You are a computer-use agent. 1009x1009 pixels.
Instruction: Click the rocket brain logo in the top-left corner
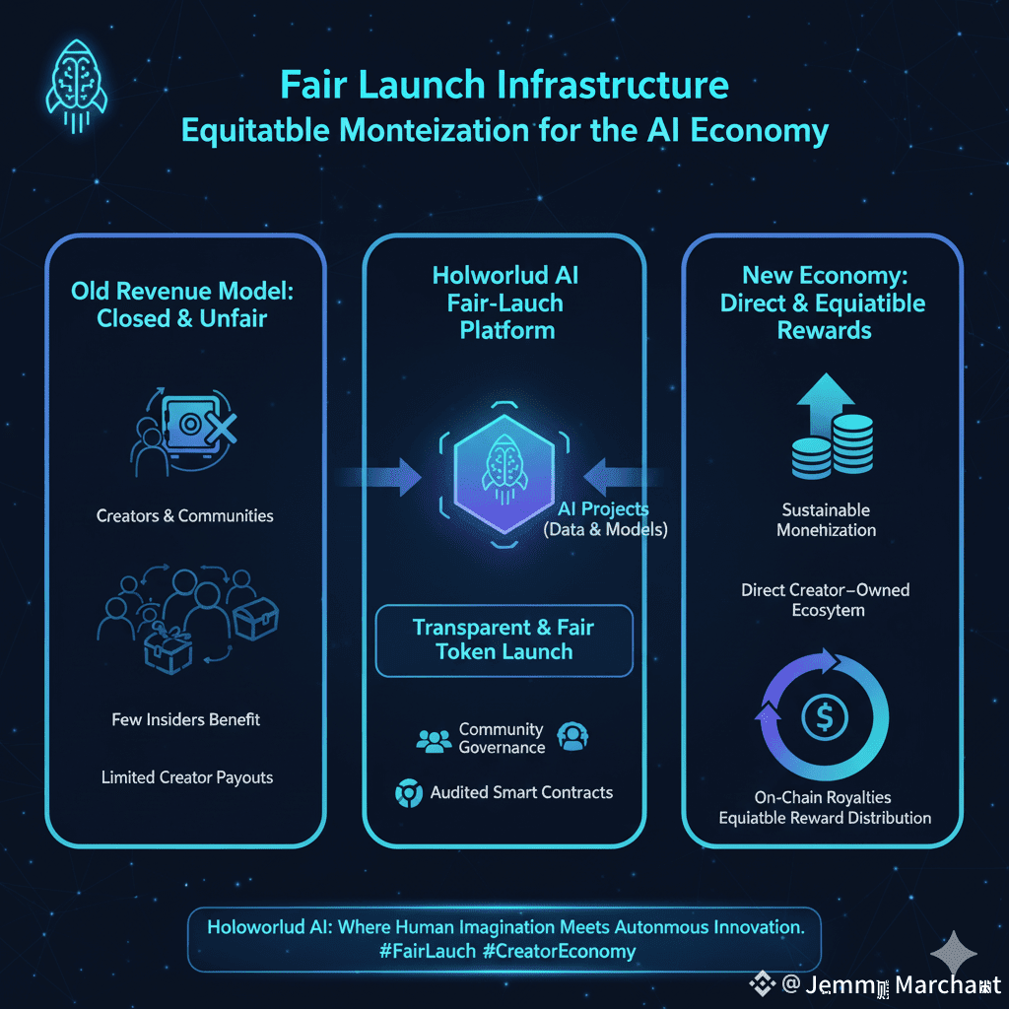click(x=77, y=81)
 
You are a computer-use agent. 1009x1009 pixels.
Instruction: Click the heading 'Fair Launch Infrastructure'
click(x=504, y=85)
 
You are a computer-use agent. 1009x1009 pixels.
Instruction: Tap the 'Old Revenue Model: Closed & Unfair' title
click(x=182, y=304)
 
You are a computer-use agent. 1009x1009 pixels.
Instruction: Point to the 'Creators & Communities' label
click(x=185, y=515)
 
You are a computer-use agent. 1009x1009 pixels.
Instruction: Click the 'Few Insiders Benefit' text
click(x=186, y=719)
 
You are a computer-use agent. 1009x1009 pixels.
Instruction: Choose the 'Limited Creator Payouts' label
click(x=187, y=777)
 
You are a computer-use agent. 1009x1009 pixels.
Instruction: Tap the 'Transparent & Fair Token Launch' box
click(x=504, y=639)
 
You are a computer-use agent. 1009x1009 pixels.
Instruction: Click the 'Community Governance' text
click(x=502, y=738)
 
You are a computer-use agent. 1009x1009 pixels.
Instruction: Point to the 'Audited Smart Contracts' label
click(x=521, y=792)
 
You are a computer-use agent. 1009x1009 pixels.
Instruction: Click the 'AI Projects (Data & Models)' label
click(x=605, y=519)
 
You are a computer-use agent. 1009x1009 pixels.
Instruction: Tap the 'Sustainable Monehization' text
click(x=826, y=519)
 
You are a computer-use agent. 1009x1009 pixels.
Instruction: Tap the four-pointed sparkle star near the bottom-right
click(x=954, y=953)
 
